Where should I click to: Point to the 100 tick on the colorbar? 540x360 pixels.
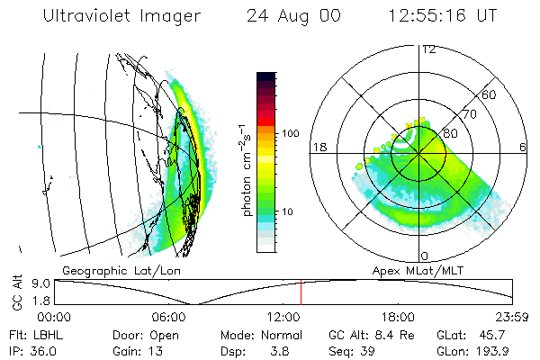[290, 133]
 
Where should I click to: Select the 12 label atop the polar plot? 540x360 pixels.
[428, 49]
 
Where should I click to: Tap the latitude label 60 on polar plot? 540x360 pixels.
[490, 94]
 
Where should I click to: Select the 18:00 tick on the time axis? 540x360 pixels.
[398, 317]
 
